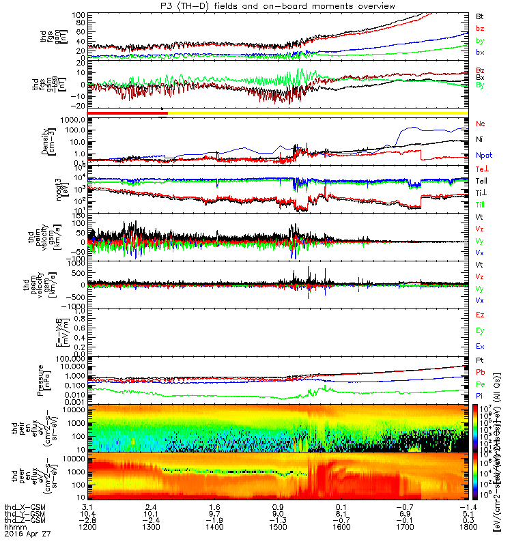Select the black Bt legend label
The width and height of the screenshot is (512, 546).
tap(480, 16)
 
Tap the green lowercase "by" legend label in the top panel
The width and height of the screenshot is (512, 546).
tap(480, 40)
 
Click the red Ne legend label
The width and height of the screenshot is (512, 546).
tap(481, 124)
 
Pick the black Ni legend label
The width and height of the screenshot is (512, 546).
tap(480, 139)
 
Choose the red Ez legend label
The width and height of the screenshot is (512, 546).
tap(480, 315)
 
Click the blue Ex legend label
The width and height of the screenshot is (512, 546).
tap(480, 347)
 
